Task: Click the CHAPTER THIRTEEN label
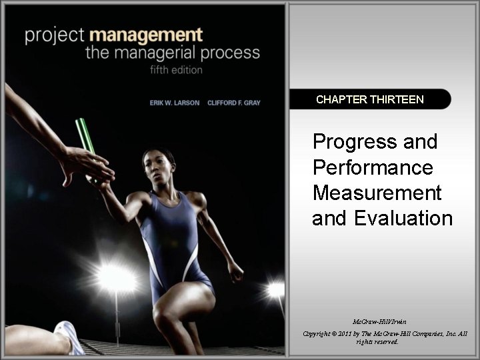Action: pyautogui.click(x=369, y=99)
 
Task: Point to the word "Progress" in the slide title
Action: pyautogui.click(x=375, y=142)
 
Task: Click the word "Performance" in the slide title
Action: pyautogui.click(x=372, y=167)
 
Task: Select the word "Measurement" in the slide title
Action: pyautogui.click(x=377, y=193)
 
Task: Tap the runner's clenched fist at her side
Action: pyautogui.click(x=235, y=271)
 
